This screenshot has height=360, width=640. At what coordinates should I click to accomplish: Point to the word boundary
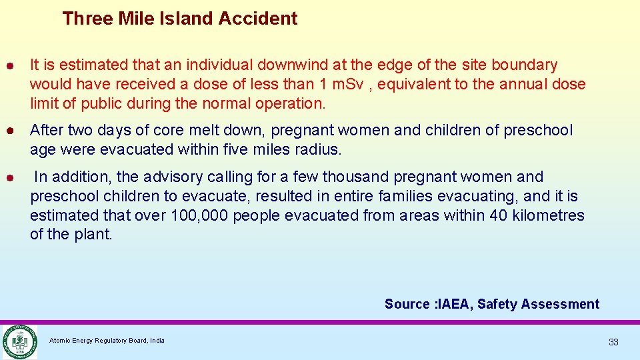click(x=524, y=65)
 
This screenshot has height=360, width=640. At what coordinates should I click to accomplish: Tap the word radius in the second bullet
click(x=319, y=149)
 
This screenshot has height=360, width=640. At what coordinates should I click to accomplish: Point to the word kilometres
click(x=548, y=215)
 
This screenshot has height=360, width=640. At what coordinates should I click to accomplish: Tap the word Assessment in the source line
click(x=560, y=304)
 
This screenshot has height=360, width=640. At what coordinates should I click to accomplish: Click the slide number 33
click(x=613, y=342)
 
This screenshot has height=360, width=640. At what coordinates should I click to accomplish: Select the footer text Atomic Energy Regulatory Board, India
click(x=107, y=341)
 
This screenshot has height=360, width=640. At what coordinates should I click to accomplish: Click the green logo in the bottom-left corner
click(x=19, y=341)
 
